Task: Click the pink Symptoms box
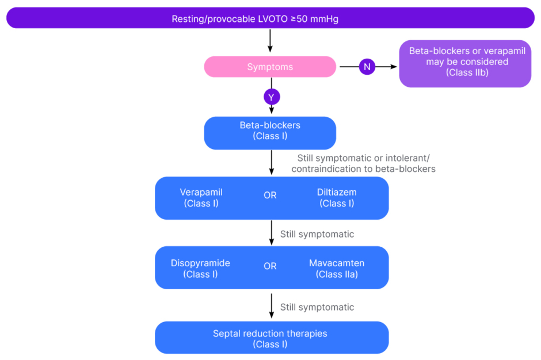[x=270, y=67]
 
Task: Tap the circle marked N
[x=367, y=67]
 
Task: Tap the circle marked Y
[x=271, y=97]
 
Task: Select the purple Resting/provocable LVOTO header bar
[x=270, y=18]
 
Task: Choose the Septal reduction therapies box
[x=271, y=338]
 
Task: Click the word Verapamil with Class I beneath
[x=201, y=192]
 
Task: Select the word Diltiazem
[x=337, y=192]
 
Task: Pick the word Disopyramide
[x=200, y=263]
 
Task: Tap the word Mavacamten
[x=337, y=263]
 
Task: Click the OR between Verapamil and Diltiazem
[x=270, y=196]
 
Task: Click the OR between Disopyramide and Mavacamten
[x=270, y=266]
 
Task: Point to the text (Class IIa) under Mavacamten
[x=337, y=274]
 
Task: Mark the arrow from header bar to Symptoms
[x=270, y=41]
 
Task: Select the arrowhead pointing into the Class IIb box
[x=395, y=67]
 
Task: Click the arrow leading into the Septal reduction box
[x=271, y=306]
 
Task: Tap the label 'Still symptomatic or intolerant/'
[x=364, y=158]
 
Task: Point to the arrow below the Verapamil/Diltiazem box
[x=271, y=232]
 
